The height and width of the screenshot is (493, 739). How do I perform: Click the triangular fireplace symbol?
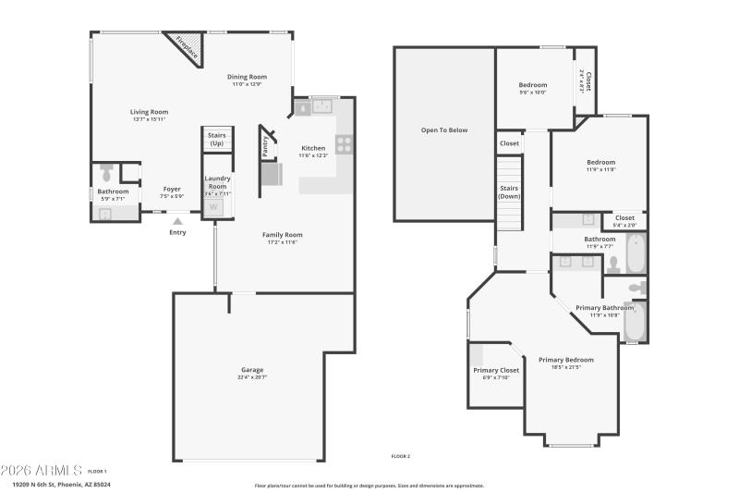click(186, 46)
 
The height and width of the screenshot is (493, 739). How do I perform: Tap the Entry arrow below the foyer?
click(177, 221)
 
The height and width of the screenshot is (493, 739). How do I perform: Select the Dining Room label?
click(247, 77)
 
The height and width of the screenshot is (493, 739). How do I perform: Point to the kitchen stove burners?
click(344, 143)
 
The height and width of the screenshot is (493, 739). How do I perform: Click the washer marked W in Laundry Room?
click(214, 207)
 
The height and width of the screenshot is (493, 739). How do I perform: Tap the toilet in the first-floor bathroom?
click(106, 172)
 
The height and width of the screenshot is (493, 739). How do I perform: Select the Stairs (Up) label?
click(216, 139)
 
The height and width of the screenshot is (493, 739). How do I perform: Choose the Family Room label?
click(283, 235)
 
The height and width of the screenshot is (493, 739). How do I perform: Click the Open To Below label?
click(444, 130)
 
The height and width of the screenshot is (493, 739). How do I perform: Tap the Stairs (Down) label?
click(510, 191)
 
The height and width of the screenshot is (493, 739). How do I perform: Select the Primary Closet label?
click(496, 370)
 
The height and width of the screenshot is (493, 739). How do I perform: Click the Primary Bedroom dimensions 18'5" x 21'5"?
click(566, 368)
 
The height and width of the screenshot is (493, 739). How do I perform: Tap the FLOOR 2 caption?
click(400, 456)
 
